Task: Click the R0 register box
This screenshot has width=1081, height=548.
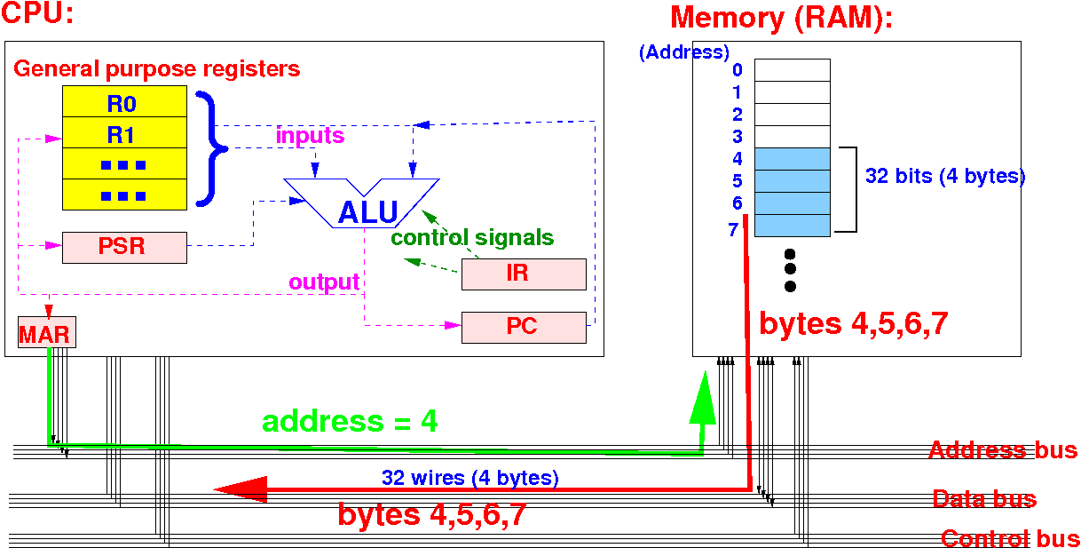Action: click(x=124, y=102)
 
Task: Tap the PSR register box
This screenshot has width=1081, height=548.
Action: click(x=124, y=247)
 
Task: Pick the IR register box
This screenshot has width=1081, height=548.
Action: click(x=523, y=274)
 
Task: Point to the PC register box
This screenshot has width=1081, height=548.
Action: click(x=523, y=327)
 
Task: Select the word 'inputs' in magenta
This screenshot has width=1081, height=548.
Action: click(x=310, y=137)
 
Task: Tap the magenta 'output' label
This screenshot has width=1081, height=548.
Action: click(x=324, y=282)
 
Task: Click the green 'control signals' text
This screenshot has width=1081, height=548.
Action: click(x=472, y=238)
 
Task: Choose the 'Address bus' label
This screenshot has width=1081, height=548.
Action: click(x=1003, y=450)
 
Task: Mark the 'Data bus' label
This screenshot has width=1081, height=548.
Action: click(x=984, y=499)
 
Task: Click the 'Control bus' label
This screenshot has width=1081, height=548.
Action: click(x=1010, y=538)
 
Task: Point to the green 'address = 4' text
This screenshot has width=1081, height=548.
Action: click(x=350, y=421)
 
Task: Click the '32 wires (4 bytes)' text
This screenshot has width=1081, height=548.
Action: click(x=470, y=478)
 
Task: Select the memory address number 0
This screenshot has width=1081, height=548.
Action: click(x=738, y=70)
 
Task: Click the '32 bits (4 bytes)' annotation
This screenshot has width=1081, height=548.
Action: click(x=944, y=177)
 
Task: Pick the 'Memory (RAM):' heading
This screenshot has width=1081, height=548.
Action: click(x=781, y=18)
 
